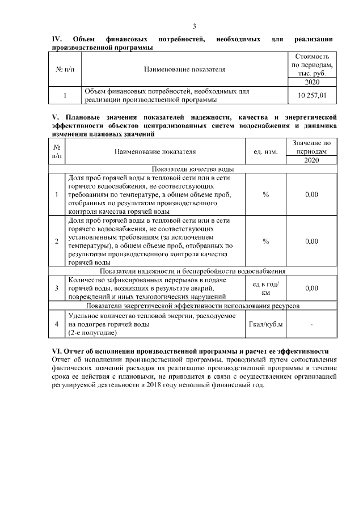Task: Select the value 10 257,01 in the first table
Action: (x=312, y=96)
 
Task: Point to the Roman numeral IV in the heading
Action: (x=56, y=39)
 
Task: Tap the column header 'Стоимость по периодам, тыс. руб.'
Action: (x=312, y=65)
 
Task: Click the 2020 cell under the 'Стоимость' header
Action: (x=312, y=82)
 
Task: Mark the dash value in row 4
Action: (x=311, y=324)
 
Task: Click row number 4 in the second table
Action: (x=57, y=324)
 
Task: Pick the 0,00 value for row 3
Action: (x=311, y=289)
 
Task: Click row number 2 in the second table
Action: (x=57, y=241)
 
